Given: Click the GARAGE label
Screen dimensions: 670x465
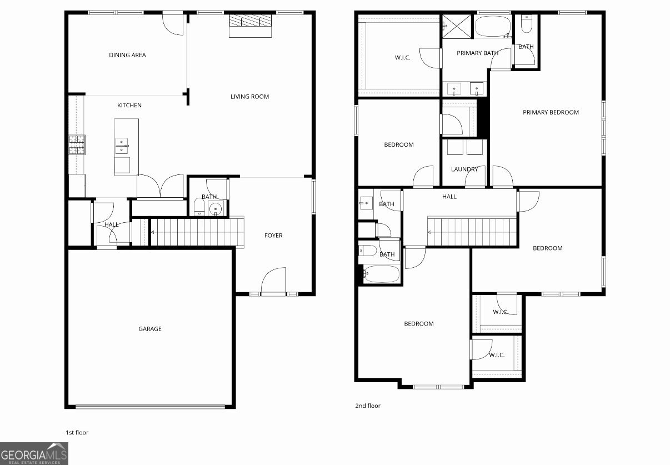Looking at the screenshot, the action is [x=150, y=329].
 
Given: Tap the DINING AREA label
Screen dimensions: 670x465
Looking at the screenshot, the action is [x=127, y=55].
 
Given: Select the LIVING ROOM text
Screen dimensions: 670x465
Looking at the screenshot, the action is [x=250, y=97].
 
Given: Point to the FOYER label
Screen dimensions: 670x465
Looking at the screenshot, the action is [x=273, y=236].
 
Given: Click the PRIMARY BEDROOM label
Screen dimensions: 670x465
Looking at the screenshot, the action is [x=551, y=112].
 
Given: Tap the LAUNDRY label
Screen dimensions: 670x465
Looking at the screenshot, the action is [x=464, y=169].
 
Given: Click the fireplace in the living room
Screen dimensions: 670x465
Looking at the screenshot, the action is [x=251, y=26].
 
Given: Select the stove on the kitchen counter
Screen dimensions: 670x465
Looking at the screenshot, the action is [x=77, y=145].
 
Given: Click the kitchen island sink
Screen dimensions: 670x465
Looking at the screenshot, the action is [x=122, y=146].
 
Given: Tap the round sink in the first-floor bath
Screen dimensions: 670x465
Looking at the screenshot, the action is [x=216, y=208].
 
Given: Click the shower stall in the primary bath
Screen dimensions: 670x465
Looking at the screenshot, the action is [x=457, y=26].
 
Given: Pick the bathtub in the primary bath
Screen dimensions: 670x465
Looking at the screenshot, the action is [x=493, y=26].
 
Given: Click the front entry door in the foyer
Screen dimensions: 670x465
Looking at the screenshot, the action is [x=273, y=281].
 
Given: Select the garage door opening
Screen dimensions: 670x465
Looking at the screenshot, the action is [x=150, y=407].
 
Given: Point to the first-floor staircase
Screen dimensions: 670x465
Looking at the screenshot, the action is [x=197, y=232].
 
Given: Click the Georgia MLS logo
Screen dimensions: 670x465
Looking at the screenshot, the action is [x=34, y=454].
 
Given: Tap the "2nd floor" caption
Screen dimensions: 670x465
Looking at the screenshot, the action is [x=368, y=406].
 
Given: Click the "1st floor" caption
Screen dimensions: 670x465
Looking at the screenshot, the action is [x=77, y=432].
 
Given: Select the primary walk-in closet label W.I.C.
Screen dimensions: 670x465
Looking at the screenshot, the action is [x=402, y=58].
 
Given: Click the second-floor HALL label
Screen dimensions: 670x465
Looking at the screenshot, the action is [x=449, y=197].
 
